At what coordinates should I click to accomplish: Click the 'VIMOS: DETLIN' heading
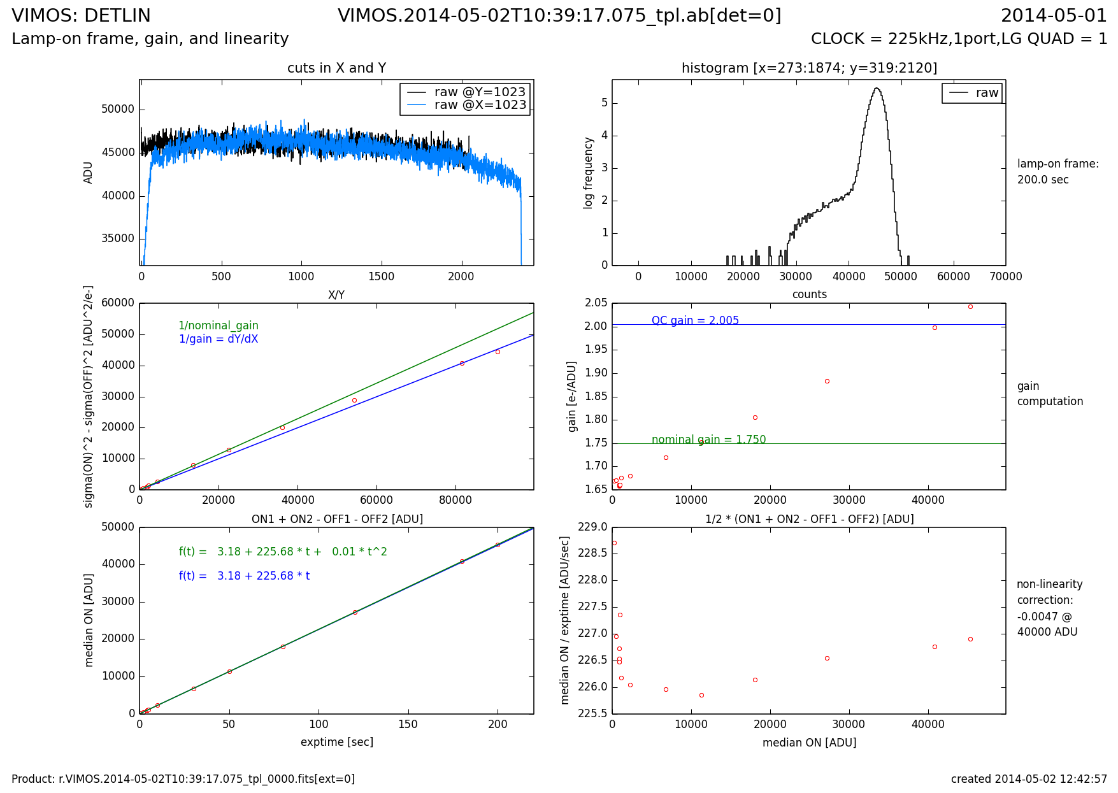coord(81,16)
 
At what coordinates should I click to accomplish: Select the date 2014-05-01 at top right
coord(1054,16)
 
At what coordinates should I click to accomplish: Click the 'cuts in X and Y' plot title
coord(336,68)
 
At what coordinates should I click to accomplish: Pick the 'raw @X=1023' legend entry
coord(480,105)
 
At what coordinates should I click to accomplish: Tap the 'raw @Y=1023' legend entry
coord(480,92)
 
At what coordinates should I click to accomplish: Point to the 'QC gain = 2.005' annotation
coord(695,320)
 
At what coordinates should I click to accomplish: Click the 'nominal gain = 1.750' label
coord(708,439)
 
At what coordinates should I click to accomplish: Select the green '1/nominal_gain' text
coord(219,325)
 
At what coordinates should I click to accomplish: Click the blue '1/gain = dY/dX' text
coord(219,339)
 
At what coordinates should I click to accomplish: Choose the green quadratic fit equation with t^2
coord(283,552)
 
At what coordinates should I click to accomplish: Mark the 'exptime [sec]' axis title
coord(336,742)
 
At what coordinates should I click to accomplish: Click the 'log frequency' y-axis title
coord(589,173)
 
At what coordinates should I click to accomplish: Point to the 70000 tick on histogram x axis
coord(1006,276)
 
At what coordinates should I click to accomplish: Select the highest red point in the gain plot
coord(970,307)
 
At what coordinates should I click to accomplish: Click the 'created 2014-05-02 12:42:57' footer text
coord(1029,779)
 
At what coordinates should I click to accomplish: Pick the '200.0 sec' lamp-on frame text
coord(1043,180)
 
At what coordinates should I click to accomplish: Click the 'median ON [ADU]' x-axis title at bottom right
coord(809,743)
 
